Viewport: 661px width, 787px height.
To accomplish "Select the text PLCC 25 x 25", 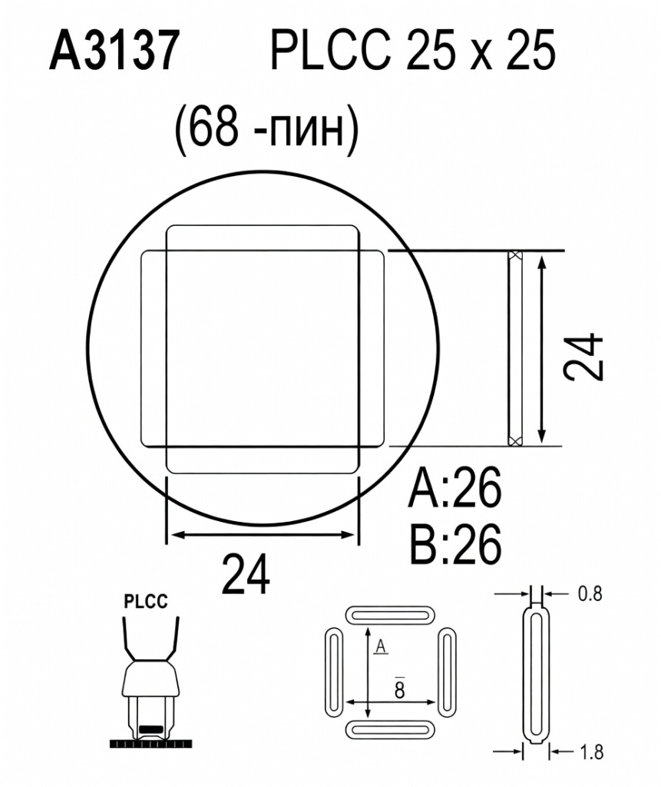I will click(412, 52).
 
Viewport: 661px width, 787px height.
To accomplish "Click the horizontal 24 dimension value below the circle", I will click(246, 574).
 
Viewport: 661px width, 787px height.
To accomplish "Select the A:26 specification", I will click(455, 490).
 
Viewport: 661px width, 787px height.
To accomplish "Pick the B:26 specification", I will click(455, 543).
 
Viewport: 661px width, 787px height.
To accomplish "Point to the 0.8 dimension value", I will click(590, 593).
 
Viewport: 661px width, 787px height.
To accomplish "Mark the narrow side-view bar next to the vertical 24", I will click(514, 347).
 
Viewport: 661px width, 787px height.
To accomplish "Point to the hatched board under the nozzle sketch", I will click(151, 743).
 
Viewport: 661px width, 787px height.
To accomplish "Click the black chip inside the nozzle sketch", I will click(151, 726).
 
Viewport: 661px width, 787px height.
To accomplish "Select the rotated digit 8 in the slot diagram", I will click(400, 689).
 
